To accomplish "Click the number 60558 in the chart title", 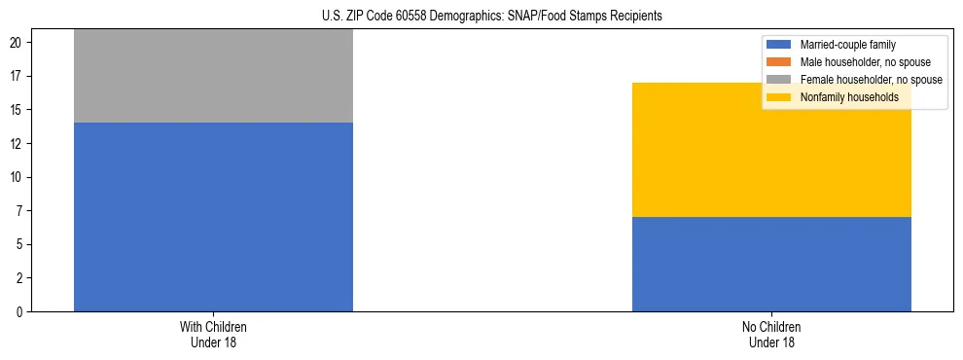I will pyautogui.click(x=415, y=17).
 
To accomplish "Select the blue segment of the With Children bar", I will pyautogui.click(x=213, y=217).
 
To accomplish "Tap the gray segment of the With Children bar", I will pyautogui.click(x=213, y=76).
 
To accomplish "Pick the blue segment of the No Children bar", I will pyautogui.click(x=771, y=264).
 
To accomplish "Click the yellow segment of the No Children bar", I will pyautogui.click(x=771, y=150).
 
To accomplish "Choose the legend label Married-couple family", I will pyautogui.click(x=847, y=45).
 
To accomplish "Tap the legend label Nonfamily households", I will pyautogui.click(x=842, y=97).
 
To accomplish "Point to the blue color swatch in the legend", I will pyautogui.click(x=779, y=45).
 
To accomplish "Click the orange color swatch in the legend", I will pyautogui.click(x=779, y=62).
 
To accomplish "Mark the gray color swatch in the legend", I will pyautogui.click(x=779, y=80).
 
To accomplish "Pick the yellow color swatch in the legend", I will pyautogui.click(x=779, y=97).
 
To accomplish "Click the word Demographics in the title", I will pyautogui.click(x=469, y=17).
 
